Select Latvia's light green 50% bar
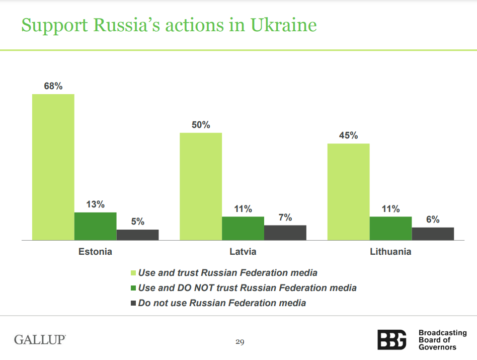201,186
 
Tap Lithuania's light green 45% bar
348,192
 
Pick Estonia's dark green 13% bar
96,226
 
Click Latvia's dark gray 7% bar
285,233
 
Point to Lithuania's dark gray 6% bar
433,234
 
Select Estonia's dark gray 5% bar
138,235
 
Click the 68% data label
53,86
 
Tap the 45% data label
348,135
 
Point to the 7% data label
285,218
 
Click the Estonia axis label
95,251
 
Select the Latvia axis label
243,251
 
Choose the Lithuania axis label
390,251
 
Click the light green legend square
133,273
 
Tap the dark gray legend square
133,303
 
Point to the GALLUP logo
40,339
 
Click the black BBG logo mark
392,339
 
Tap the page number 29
240,342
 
